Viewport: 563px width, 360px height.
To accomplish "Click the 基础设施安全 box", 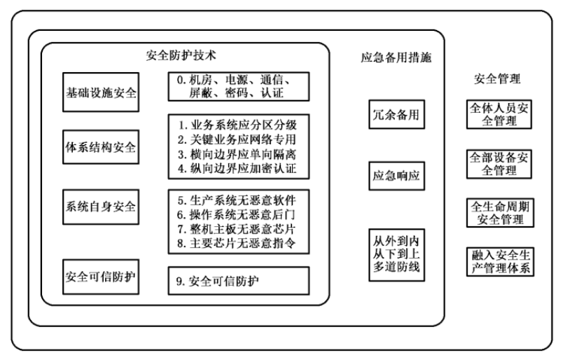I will pos(101,91).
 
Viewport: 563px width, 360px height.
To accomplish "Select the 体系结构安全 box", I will pos(101,148).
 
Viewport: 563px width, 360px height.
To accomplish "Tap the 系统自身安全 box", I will pos(101,207).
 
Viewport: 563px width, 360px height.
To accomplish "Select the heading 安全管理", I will pos(496,79).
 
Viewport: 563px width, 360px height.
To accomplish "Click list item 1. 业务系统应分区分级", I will pos(237,125).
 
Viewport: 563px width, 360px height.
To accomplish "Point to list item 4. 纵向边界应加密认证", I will pos(237,168).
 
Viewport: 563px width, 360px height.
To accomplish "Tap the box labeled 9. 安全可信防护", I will pos(237,281).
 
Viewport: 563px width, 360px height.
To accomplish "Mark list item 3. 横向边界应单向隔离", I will pos(237,154).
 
